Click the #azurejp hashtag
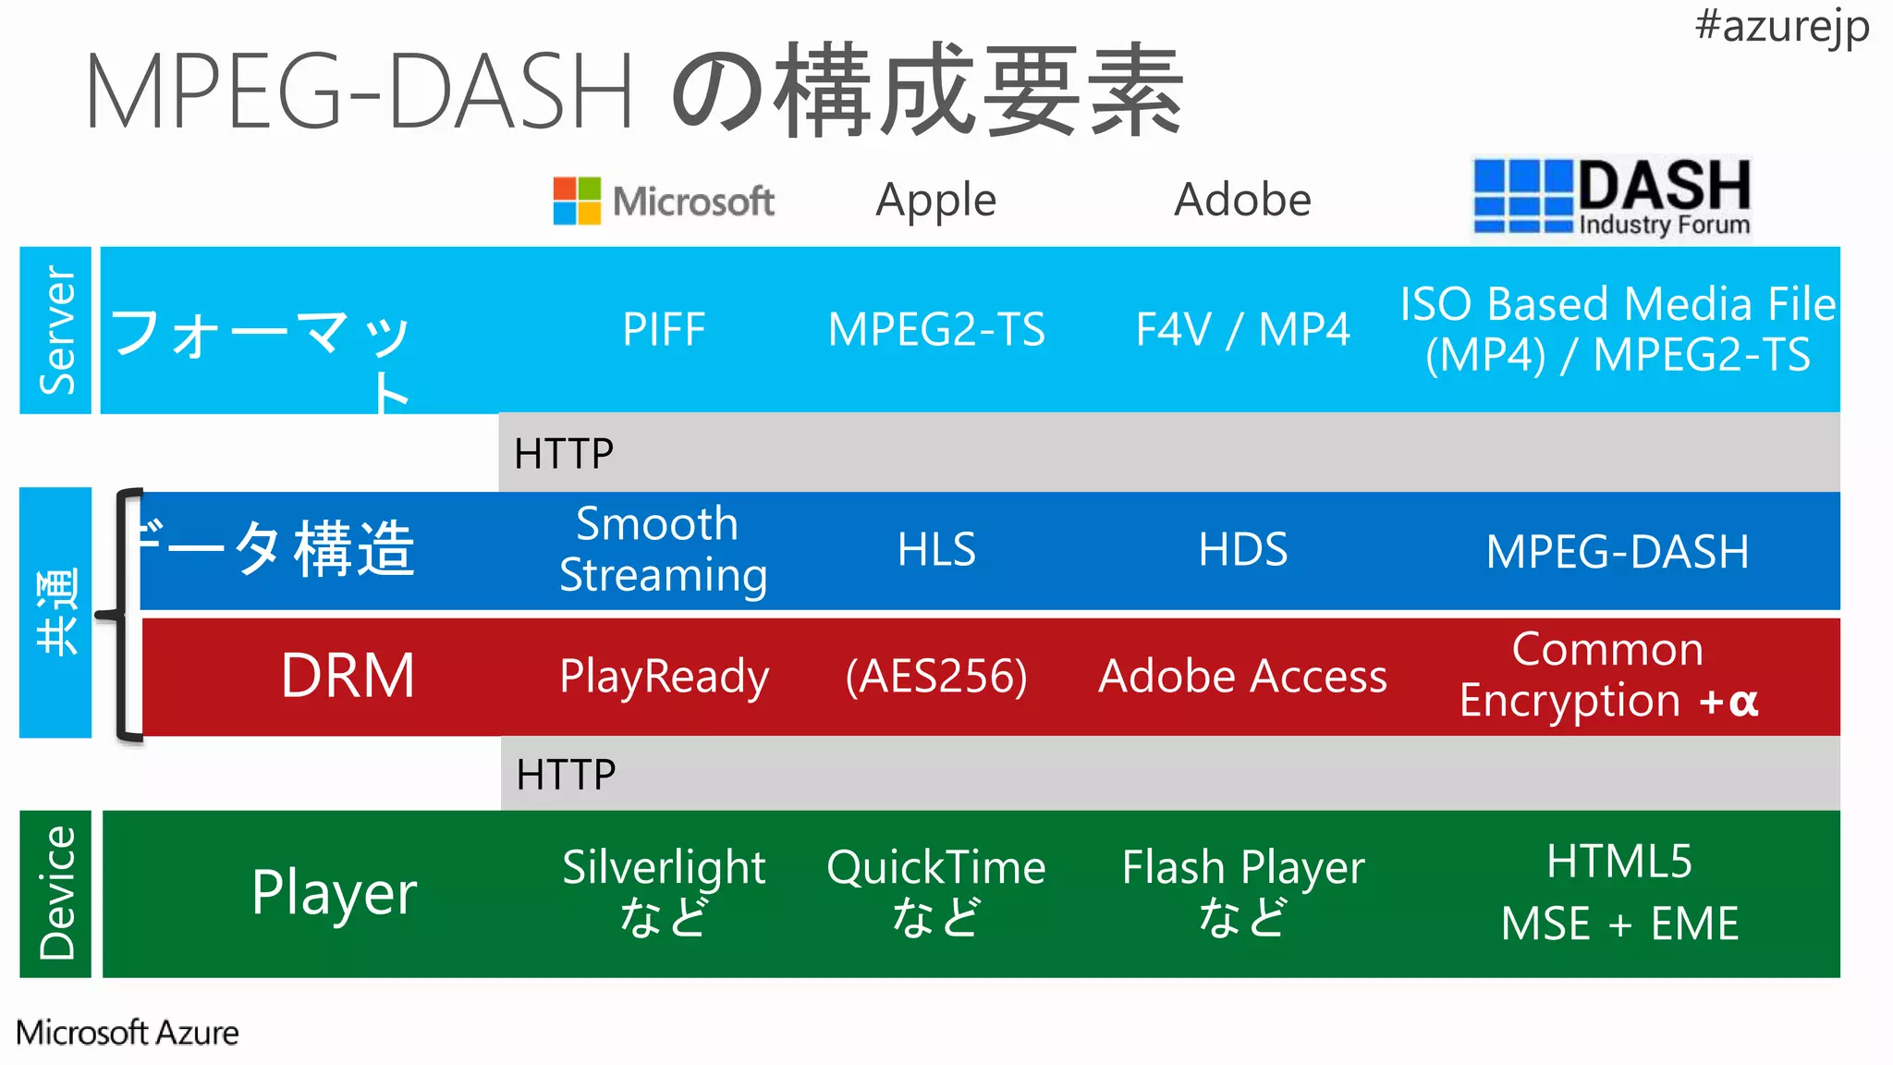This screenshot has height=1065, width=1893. [x=1781, y=26]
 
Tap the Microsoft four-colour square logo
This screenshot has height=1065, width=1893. [x=577, y=201]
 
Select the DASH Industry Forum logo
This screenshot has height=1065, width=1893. [x=1611, y=198]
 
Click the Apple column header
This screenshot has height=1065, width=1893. [x=935, y=200]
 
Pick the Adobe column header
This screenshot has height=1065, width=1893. [x=1242, y=200]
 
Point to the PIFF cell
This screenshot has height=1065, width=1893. [x=664, y=330]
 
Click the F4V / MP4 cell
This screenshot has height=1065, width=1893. [x=1242, y=330]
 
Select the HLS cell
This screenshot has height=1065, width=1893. [x=936, y=550]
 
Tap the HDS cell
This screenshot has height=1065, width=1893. [x=1242, y=550]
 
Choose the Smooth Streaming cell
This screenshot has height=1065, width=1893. [x=663, y=549]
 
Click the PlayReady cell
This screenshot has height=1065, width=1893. [x=664, y=677]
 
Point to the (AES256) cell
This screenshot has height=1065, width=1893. [x=936, y=677]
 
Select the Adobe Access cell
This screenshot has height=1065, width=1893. [x=1242, y=677]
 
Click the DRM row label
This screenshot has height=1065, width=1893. [x=348, y=676]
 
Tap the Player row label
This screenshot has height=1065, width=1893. [x=334, y=893]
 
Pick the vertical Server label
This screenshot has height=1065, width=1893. [x=56, y=330]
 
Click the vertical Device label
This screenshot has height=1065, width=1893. [x=56, y=893]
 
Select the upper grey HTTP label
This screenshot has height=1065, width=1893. [x=564, y=454]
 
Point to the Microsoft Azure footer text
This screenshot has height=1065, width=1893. [x=128, y=1033]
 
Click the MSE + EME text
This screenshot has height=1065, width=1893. [x=1619, y=924]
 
